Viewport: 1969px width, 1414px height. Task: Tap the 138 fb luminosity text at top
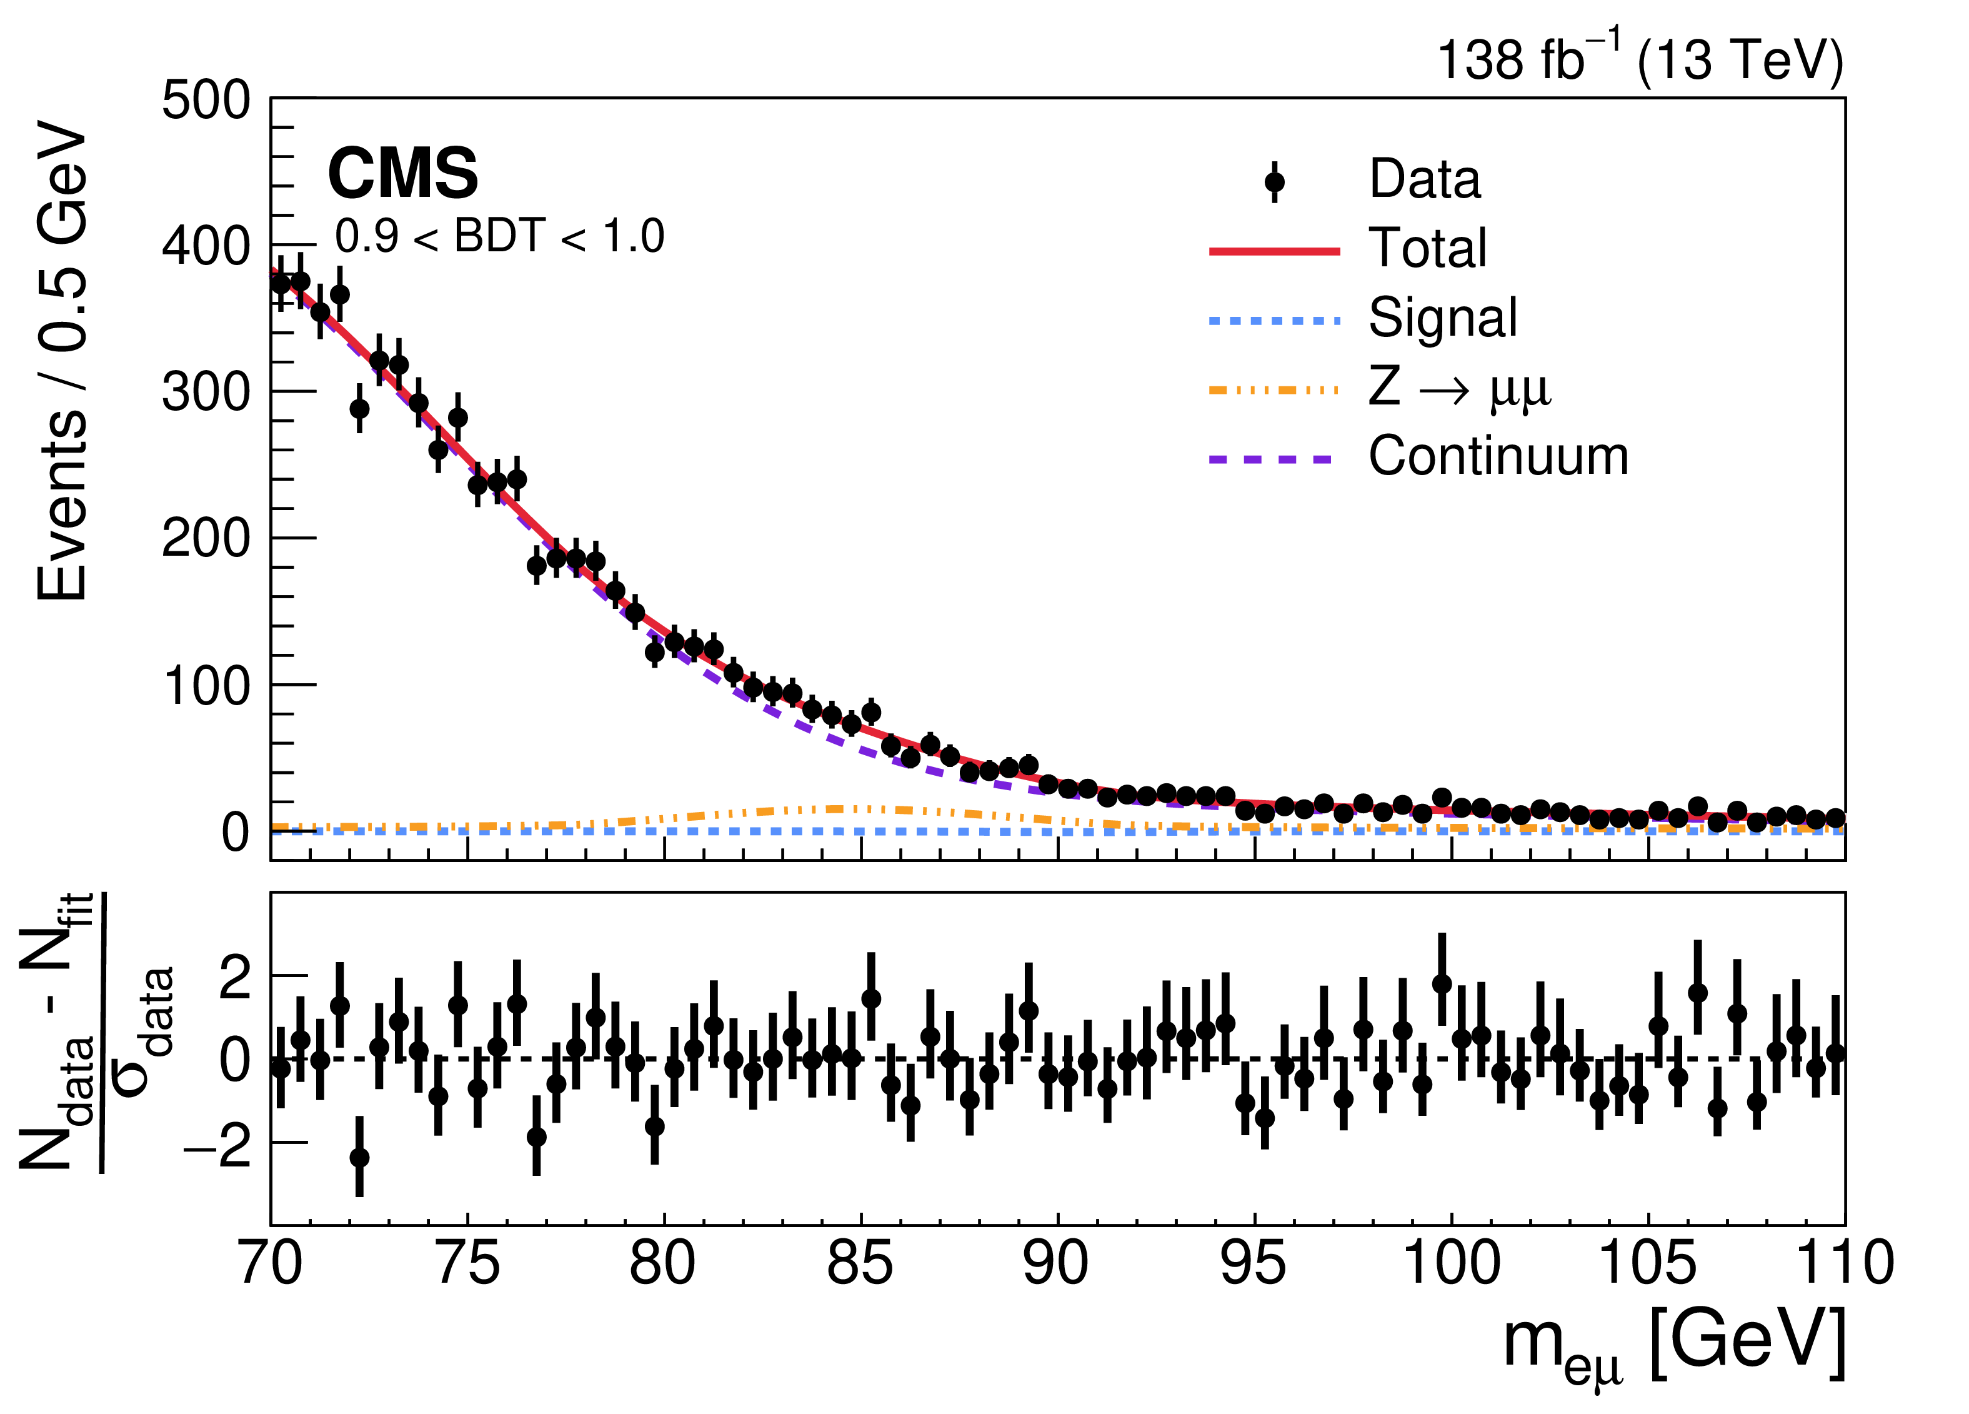click(x=1639, y=59)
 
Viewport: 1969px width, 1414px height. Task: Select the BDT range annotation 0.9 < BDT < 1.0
click(x=499, y=236)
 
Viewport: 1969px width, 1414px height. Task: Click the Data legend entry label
click(x=1424, y=180)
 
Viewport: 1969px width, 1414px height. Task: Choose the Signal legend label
click(x=1443, y=318)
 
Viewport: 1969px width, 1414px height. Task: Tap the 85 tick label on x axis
click(x=859, y=1265)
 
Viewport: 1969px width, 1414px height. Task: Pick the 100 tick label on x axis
click(x=1451, y=1265)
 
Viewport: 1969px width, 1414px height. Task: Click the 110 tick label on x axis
click(x=1844, y=1265)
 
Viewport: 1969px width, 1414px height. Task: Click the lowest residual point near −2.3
click(x=359, y=1158)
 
